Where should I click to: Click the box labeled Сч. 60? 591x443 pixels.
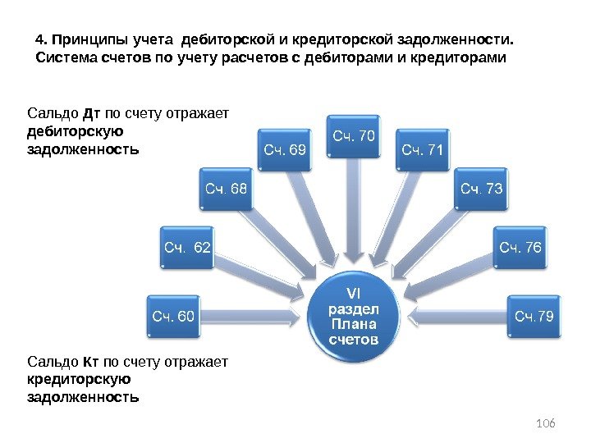click(x=173, y=315)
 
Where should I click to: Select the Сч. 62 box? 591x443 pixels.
click(x=187, y=247)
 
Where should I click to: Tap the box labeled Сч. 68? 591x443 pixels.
click(x=225, y=190)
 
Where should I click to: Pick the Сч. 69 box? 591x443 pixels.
click(x=285, y=149)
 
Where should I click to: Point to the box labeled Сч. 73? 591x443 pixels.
click(x=481, y=190)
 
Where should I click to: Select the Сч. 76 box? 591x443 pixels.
click(x=520, y=247)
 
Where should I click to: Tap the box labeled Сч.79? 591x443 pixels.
click(x=534, y=315)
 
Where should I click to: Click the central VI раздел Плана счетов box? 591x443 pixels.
click(x=354, y=315)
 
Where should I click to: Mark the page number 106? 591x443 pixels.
click(x=545, y=422)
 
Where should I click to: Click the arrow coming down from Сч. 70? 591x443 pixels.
click(x=354, y=209)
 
